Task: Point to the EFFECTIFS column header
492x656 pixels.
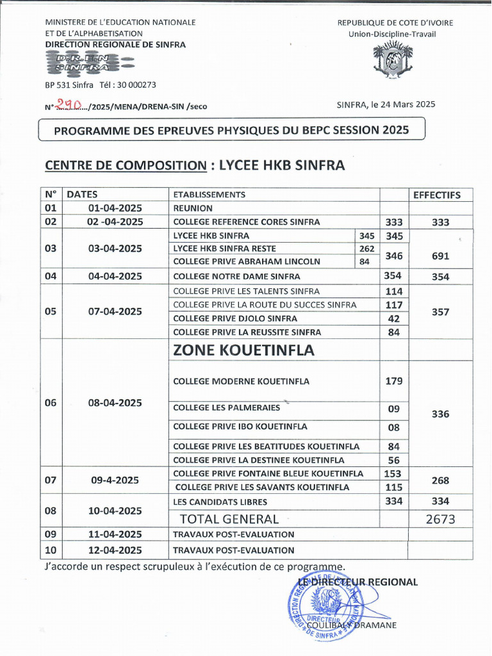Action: click(436, 195)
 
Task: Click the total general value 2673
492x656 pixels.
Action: click(440, 519)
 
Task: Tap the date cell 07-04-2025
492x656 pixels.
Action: click(115, 311)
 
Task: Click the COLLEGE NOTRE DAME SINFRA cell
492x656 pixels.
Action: click(236, 277)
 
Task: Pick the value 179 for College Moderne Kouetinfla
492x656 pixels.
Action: click(393, 381)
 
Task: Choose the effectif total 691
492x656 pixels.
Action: click(440, 256)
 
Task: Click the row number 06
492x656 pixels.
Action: click(51, 403)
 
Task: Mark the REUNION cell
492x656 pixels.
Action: click(193, 208)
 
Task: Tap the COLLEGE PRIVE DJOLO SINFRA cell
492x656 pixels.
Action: click(235, 318)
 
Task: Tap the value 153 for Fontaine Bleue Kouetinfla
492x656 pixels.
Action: click(393, 473)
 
